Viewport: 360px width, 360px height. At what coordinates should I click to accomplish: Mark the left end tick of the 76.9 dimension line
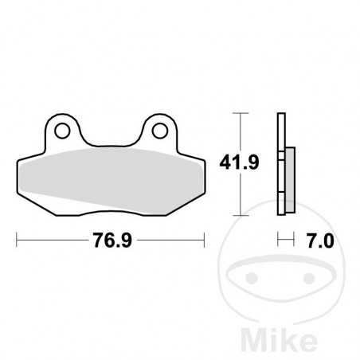pyautogui.click(x=17, y=238)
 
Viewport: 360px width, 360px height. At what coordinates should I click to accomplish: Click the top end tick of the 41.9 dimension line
pyautogui.click(x=237, y=114)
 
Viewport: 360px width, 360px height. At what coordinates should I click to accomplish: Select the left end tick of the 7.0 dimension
pyautogui.click(x=278, y=238)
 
